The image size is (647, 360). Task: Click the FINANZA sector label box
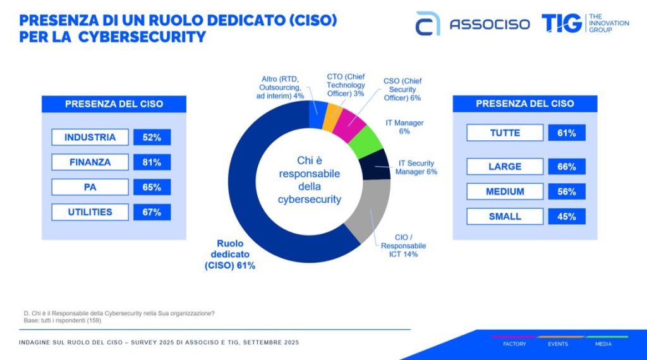point(90,162)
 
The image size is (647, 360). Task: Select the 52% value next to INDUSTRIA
point(152,137)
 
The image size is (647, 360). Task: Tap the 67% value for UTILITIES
point(152,212)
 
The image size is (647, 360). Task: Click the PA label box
point(90,188)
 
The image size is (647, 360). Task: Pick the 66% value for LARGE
point(567,167)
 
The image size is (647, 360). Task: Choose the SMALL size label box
point(505,217)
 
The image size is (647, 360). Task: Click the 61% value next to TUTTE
point(567,133)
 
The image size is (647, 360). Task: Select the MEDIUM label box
point(505,192)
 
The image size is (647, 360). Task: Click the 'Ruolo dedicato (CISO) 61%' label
point(229,255)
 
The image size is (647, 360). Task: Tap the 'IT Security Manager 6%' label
point(416,167)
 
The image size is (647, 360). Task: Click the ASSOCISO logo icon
point(427,23)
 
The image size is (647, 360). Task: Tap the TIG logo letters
point(561,23)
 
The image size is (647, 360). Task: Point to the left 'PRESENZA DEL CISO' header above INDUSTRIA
point(114,104)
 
